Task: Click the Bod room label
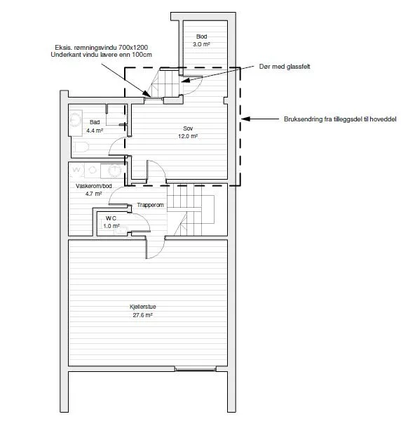[202, 36]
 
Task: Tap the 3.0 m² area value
[201, 44]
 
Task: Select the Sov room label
[188, 128]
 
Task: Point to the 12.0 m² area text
[188, 136]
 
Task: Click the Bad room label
[95, 122]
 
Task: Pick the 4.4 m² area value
[95, 131]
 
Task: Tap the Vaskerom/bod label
[94, 186]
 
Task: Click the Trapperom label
[150, 205]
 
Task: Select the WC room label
[111, 218]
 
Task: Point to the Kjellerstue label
[143, 307]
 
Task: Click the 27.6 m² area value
[142, 315]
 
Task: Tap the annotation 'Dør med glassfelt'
[285, 67]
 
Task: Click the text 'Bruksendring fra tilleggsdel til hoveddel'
[340, 119]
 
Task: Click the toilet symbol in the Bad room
[82, 147]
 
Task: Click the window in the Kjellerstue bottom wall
[196, 368]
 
